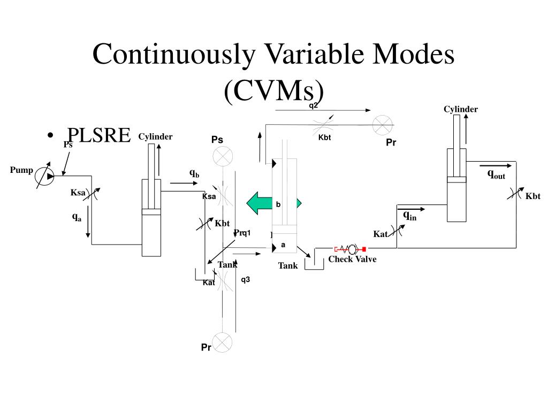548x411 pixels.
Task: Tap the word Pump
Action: [x=21, y=171]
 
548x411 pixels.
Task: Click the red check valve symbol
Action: [x=349, y=249]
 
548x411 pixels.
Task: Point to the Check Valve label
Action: [x=352, y=260]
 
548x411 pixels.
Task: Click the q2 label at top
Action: [x=314, y=105]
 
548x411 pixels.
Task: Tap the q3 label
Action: [x=246, y=279]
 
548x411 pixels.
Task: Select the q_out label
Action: [x=496, y=174]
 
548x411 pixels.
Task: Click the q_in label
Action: [x=409, y=215]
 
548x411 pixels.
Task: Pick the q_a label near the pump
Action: [x=77, y=217]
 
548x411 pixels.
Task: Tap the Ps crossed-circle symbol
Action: [x=222, y=157]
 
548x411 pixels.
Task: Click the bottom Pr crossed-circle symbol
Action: [x=222, y=341]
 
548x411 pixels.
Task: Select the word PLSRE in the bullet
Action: [x=98, y=136]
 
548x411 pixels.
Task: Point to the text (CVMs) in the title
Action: [x=274, y=92]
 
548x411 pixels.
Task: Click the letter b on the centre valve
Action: [x=278, y=204]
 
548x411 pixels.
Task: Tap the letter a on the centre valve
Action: [x=283, y=245]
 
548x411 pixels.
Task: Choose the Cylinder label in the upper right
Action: [x=460, y=110]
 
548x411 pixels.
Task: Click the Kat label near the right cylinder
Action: [x=380, y=234]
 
